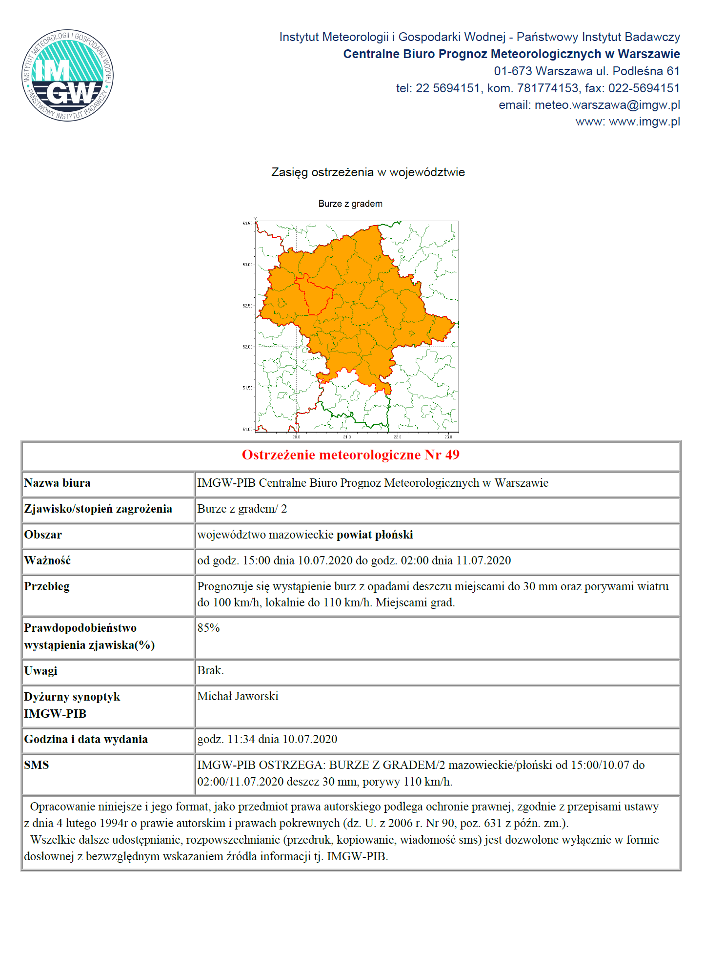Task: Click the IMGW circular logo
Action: pos(67,75)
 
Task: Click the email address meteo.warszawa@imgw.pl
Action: pos(607,105)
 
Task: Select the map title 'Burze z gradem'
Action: pos(350,204)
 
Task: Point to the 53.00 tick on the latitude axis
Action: pos(248,265)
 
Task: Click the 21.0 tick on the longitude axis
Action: pos(347,436)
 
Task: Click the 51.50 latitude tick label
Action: pos(248,388)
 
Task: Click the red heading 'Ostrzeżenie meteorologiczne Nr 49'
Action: pos(351,455)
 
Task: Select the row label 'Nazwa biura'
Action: pos(58,483)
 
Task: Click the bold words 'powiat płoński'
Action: pos(375,535)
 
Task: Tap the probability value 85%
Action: pos(208,628)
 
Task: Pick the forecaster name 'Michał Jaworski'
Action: pos(238,696)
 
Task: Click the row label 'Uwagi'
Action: pos(41,671)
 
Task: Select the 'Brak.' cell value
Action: pos(210,670)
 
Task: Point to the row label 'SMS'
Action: pos(37,765)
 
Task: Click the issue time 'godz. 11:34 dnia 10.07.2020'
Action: pos(267,739)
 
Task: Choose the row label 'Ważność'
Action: pos(47,560)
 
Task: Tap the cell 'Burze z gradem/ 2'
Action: pos(242,509)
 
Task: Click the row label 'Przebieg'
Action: pos(47,586)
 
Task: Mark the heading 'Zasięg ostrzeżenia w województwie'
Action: pos(368,172)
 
